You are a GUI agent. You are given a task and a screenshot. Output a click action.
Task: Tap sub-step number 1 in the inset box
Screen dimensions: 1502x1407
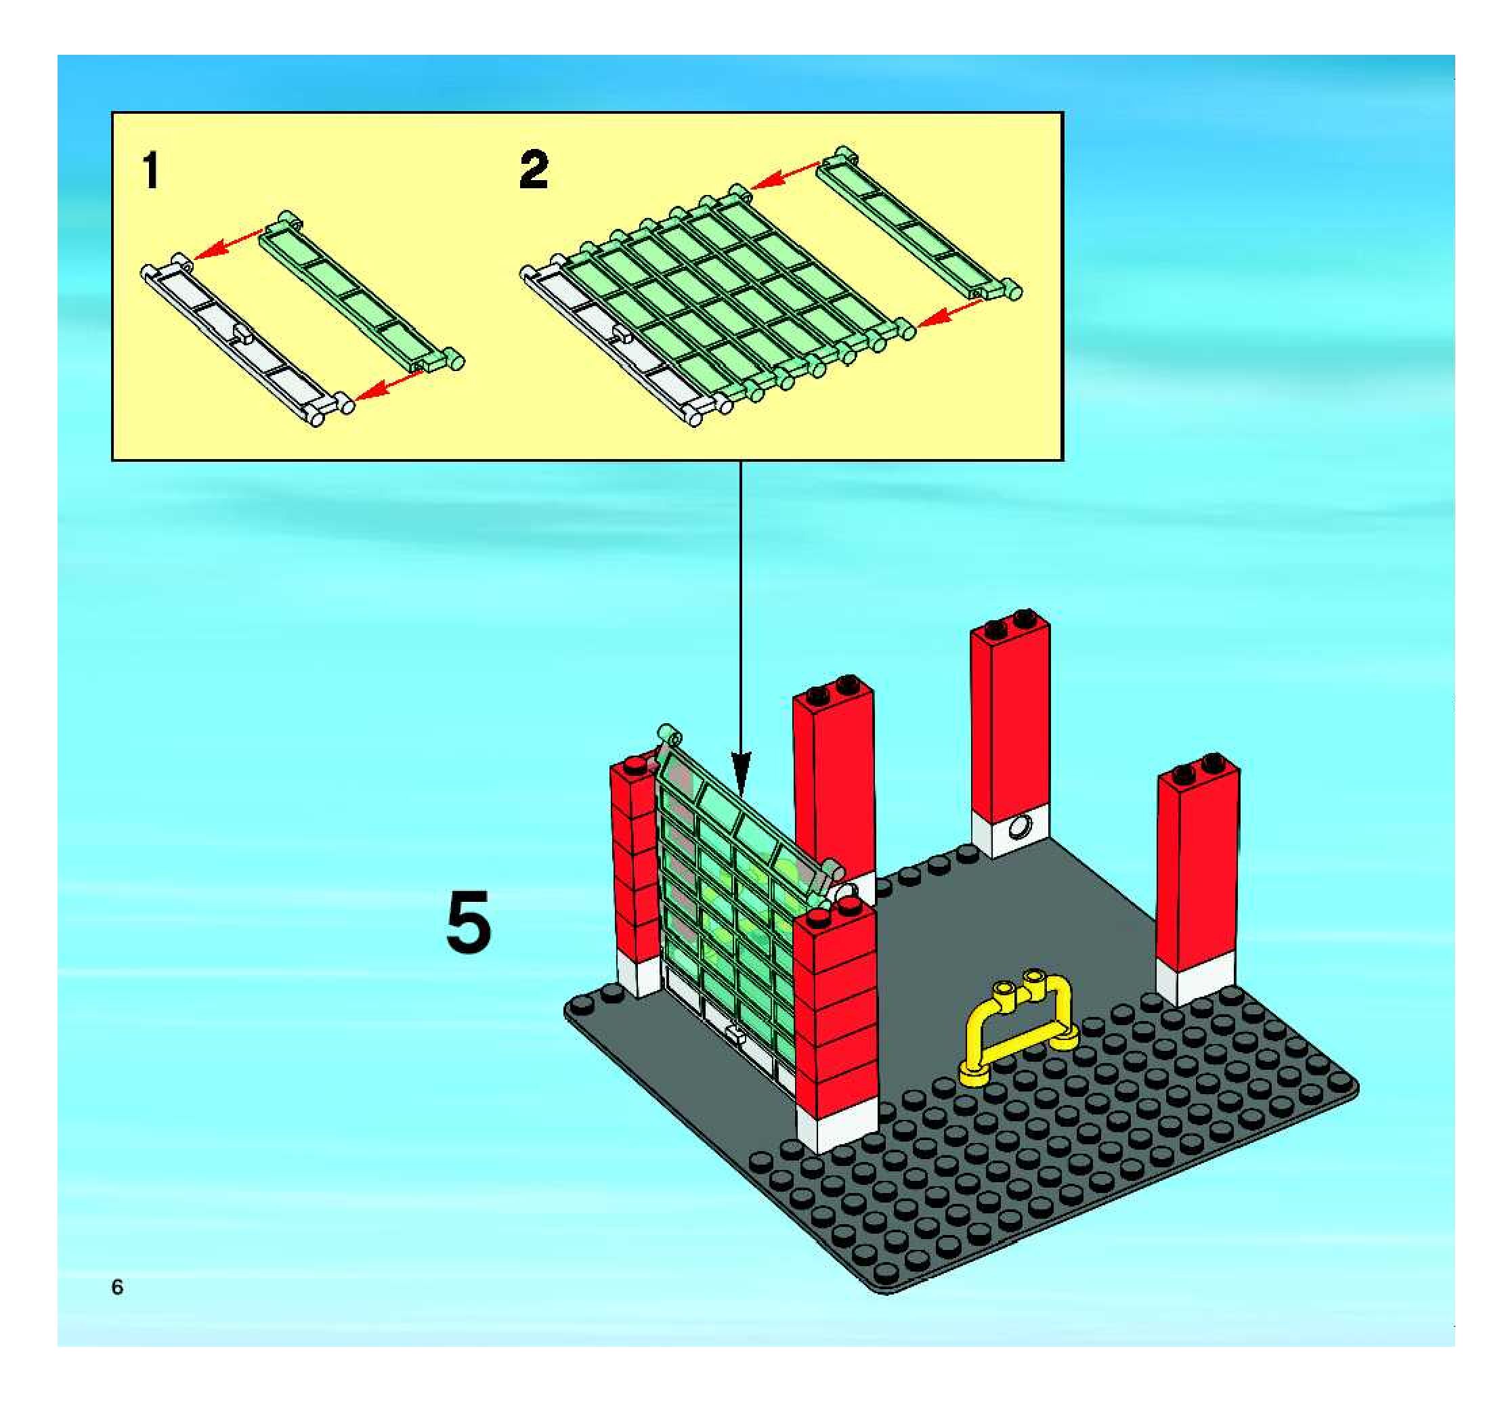152,170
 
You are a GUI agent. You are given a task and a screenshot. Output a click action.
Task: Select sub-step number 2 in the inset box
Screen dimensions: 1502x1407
534,170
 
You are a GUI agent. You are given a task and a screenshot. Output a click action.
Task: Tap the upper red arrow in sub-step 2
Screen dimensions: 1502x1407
786,175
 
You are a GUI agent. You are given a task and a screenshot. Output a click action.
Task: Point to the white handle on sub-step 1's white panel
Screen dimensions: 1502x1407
242,334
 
